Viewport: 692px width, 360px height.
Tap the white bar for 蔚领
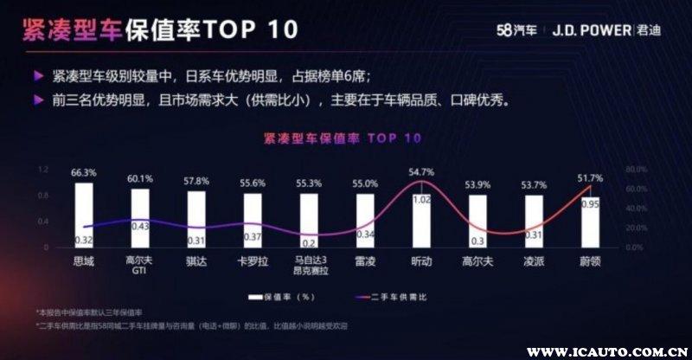(x=590, y=216)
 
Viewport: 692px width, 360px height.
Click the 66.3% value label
(x=83, y=173)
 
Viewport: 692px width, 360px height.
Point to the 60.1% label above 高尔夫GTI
(x=139, y=179)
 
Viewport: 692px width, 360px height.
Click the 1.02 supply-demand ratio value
(x=421, y=200)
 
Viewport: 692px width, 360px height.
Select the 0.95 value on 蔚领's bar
(x=590, y=205)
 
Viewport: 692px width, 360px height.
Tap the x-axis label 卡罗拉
(x=252, y=260)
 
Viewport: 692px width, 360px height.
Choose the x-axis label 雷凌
(x=365, y=260)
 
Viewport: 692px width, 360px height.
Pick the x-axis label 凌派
(x=534, y=260)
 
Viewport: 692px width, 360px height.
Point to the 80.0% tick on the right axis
(x=636, y=169)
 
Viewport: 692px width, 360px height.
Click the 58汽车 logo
(x=516, y=29)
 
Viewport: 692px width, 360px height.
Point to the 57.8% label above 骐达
(x=195, y=183)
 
